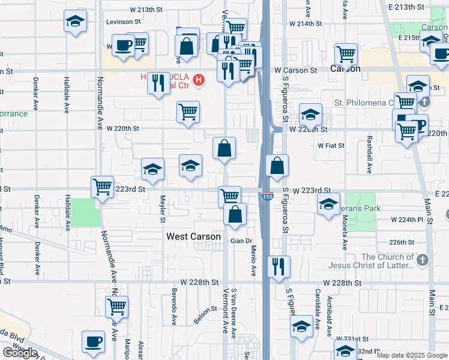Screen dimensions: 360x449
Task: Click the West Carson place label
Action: tap(193, 237)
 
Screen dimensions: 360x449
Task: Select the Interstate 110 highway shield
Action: tap(267, 196)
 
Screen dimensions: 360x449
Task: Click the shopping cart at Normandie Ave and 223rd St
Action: tap(103, 186)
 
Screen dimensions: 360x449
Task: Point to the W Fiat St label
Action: tap(331, 145)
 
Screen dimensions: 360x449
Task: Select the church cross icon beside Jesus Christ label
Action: tap(423, 260)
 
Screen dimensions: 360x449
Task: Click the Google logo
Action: tap(20, 353)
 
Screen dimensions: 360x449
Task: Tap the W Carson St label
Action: tap(300, 70)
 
